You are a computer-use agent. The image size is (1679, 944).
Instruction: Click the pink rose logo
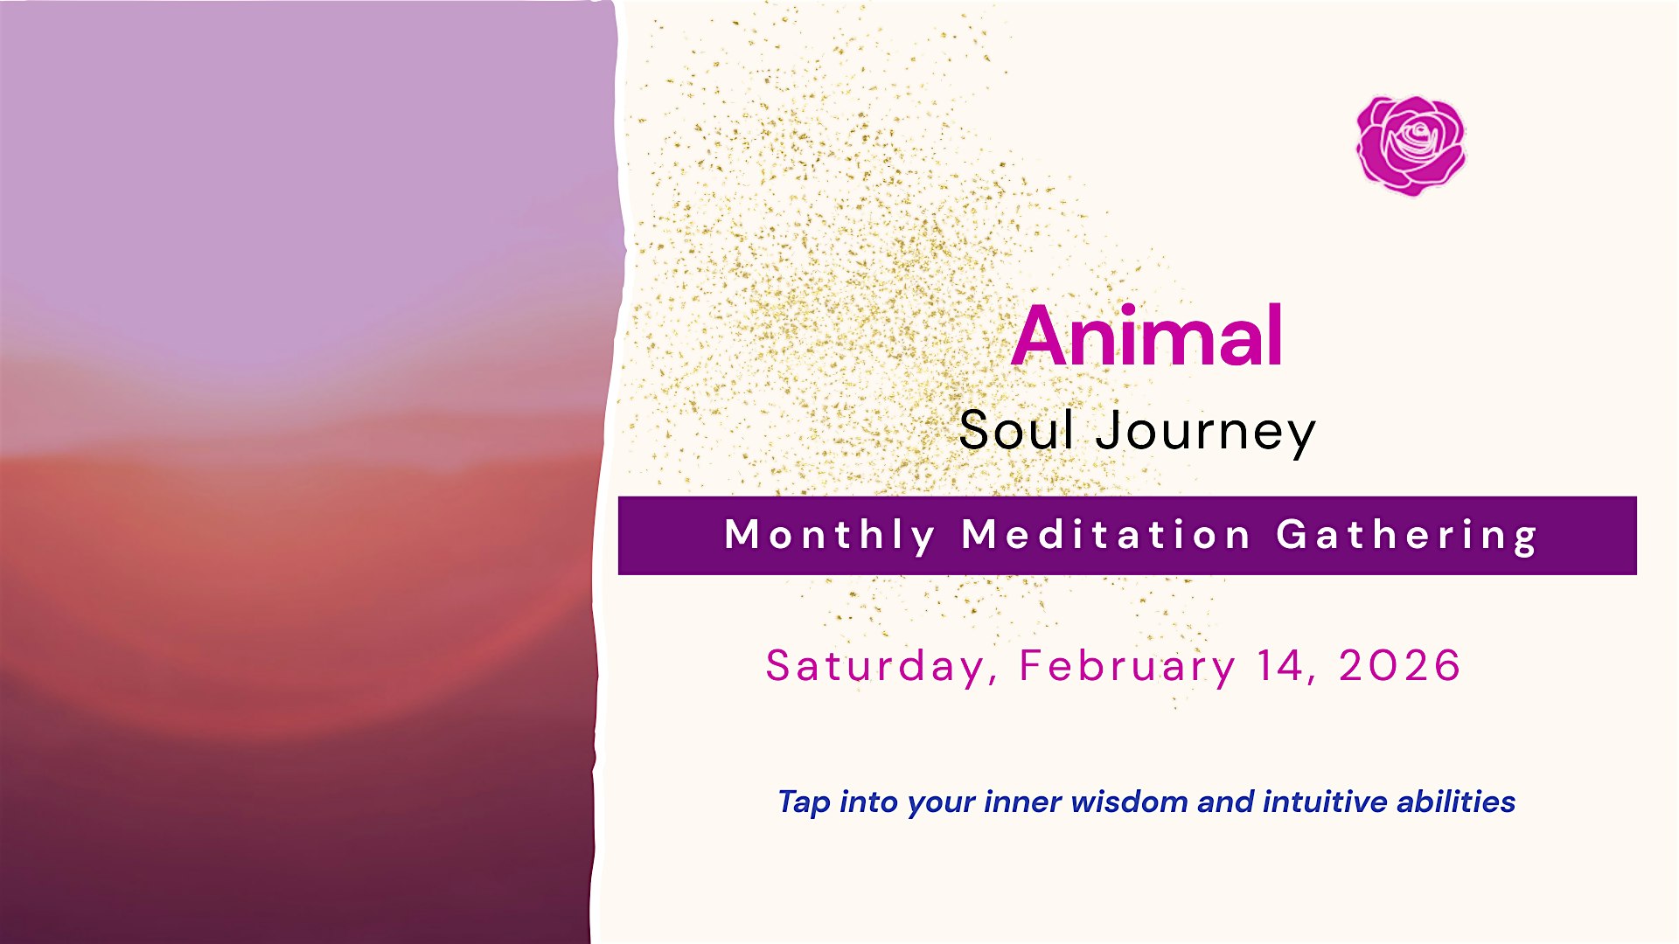coord(1411,144)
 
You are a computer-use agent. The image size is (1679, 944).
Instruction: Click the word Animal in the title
coord(1147,336)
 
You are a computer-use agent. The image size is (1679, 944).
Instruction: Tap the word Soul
coord(1016,430)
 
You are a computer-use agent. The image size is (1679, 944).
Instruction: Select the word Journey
coord(1206,433)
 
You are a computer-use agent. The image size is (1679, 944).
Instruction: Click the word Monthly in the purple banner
coord(830,535)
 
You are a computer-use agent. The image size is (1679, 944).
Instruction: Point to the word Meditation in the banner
coord(1106,534)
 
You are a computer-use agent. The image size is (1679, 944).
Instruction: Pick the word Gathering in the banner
coord(1406,536)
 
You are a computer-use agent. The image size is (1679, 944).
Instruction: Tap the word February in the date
coord(1127,666)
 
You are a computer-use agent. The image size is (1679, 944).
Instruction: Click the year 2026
coord(1399,665)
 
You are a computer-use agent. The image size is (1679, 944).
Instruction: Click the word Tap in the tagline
coord(804,802)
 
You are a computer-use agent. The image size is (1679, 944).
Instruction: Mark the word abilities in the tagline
coord(1456,802)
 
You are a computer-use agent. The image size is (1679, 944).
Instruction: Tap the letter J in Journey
coord(1111,430)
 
